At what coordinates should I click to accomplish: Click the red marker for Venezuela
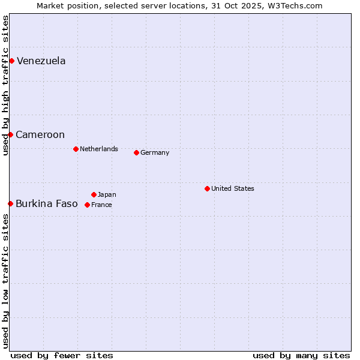pos(11,61)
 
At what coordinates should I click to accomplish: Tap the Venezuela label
pos(41,61)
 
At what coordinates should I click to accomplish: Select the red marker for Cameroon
pos(10,134)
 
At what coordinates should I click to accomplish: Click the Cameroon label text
pos(40,135)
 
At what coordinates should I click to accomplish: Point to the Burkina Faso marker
pos(10,204)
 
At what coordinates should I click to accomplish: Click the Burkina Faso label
pos(47,204)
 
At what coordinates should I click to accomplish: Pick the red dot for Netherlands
pos(76,149)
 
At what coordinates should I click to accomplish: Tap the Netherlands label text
pos(99,149)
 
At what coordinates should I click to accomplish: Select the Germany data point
pos(136,152)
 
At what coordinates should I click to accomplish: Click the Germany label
pos(155,153)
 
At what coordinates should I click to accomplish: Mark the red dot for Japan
pos(94,194)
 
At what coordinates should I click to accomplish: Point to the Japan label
pos(107,195)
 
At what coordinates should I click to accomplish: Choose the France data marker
pos(87,205)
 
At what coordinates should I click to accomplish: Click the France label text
pos(101,205)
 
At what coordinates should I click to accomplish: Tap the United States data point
pos(207,188)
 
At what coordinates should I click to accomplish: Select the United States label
pos(233,189)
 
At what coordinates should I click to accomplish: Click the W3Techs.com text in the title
pos(294,6)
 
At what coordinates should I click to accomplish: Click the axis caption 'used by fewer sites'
pos(62,355)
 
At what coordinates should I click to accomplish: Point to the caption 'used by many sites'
pos(301,355)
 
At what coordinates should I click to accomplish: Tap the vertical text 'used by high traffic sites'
pos(5,85)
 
